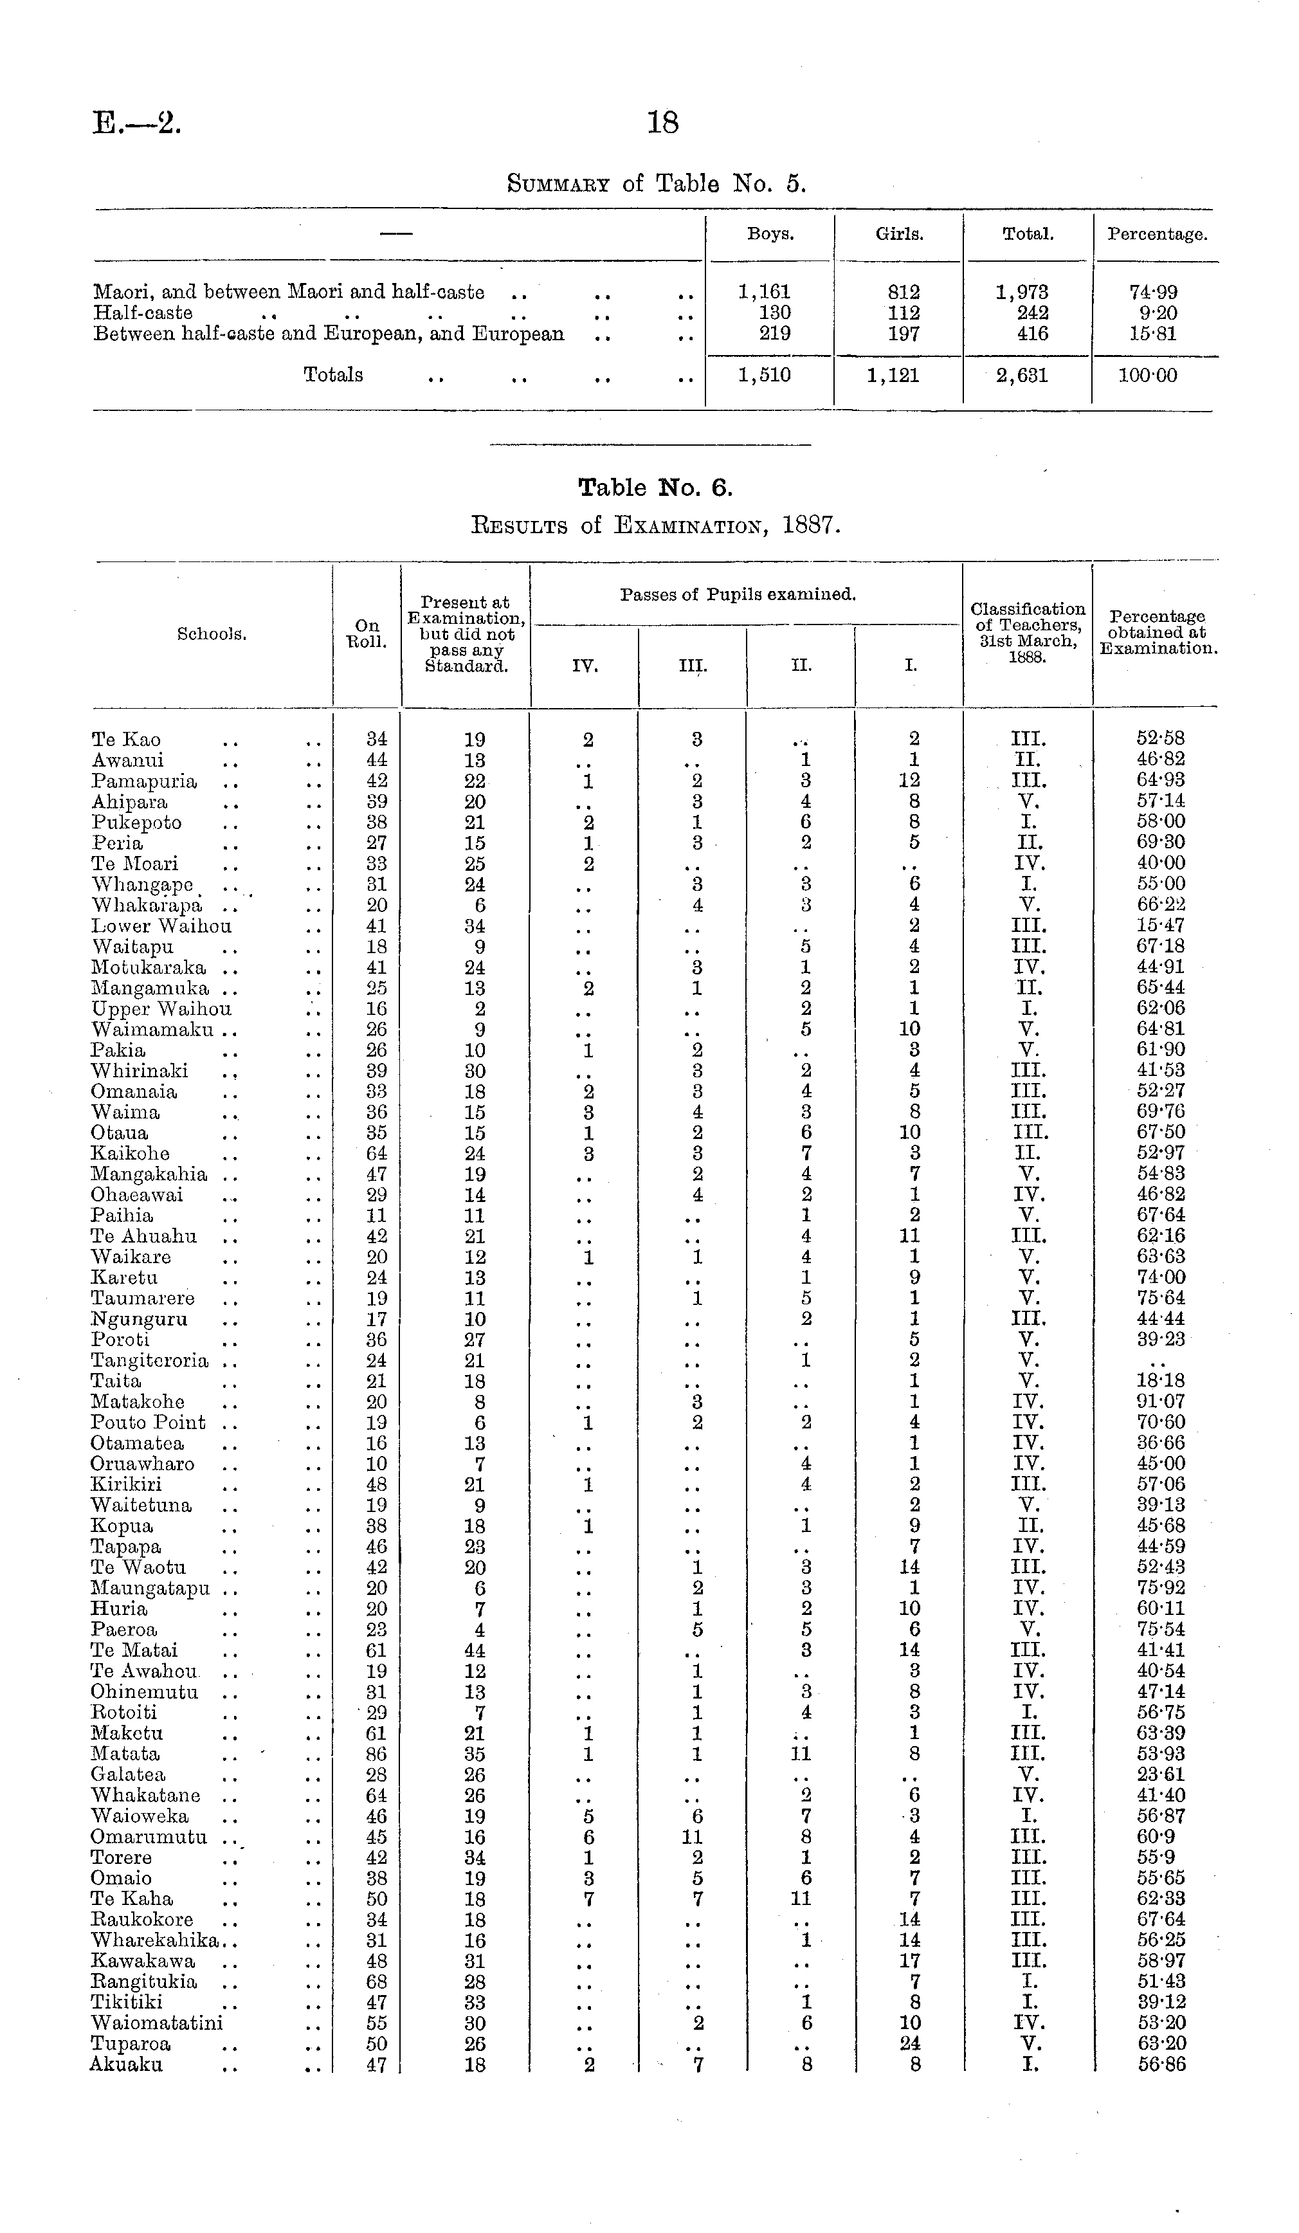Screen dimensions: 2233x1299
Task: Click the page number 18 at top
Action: click(663, 122)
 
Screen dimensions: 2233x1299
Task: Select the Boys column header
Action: click(770, 235)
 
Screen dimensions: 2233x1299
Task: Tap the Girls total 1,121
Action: click(893, 376)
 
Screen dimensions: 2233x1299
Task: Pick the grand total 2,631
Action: click(1022, 376)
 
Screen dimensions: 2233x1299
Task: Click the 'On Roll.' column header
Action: click(367, 633)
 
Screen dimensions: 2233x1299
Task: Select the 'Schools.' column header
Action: click(211, 633)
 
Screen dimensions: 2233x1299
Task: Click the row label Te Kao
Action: click(126, 740)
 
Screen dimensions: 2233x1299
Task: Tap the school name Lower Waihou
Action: click(161, 926)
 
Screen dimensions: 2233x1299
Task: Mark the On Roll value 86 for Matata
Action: click(377, 1754)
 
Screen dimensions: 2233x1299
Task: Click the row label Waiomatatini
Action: click(156, 2023)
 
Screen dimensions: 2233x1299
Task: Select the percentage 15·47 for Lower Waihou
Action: click(1161, 926)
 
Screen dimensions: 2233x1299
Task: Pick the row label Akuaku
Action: click(126, 2064)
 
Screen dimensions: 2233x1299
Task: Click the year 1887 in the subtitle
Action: click(809, 525)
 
